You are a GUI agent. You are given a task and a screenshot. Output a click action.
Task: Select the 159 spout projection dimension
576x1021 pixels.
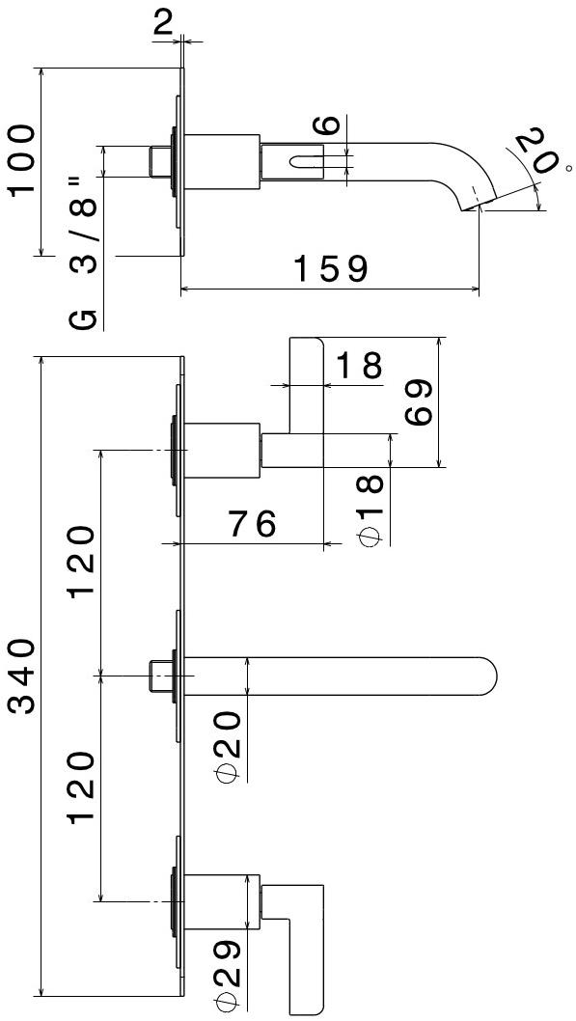pyautogui.click(x=331, y=269)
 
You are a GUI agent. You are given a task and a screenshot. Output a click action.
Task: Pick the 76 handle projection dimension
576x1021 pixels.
pyautogui.click(x=251, y=523)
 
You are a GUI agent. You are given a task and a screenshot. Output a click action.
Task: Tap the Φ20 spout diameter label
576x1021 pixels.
pyautogui.click(x=228, y=746)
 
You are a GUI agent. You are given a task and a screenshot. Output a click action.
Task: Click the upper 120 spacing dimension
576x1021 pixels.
pyautogui.click(x=83, y=563)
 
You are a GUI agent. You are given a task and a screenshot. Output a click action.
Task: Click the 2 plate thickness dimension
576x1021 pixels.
pyautogui.click(x=163, y=23)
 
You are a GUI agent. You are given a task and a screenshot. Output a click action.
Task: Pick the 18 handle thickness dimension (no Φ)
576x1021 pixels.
pyautogui.click(x=359, y=366)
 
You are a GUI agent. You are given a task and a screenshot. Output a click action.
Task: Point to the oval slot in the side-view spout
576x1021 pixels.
pyautogui.click(x=302, y=160)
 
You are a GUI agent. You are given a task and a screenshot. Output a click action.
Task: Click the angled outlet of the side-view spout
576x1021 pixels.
pyautogui.click(x=479, y=204)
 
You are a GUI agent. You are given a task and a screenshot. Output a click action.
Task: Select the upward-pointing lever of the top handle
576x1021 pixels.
pyautogui.click(x=306, y=385)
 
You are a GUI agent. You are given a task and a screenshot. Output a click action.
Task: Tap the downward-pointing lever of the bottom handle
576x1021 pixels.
pyautogui.click(x=306, y=966)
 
